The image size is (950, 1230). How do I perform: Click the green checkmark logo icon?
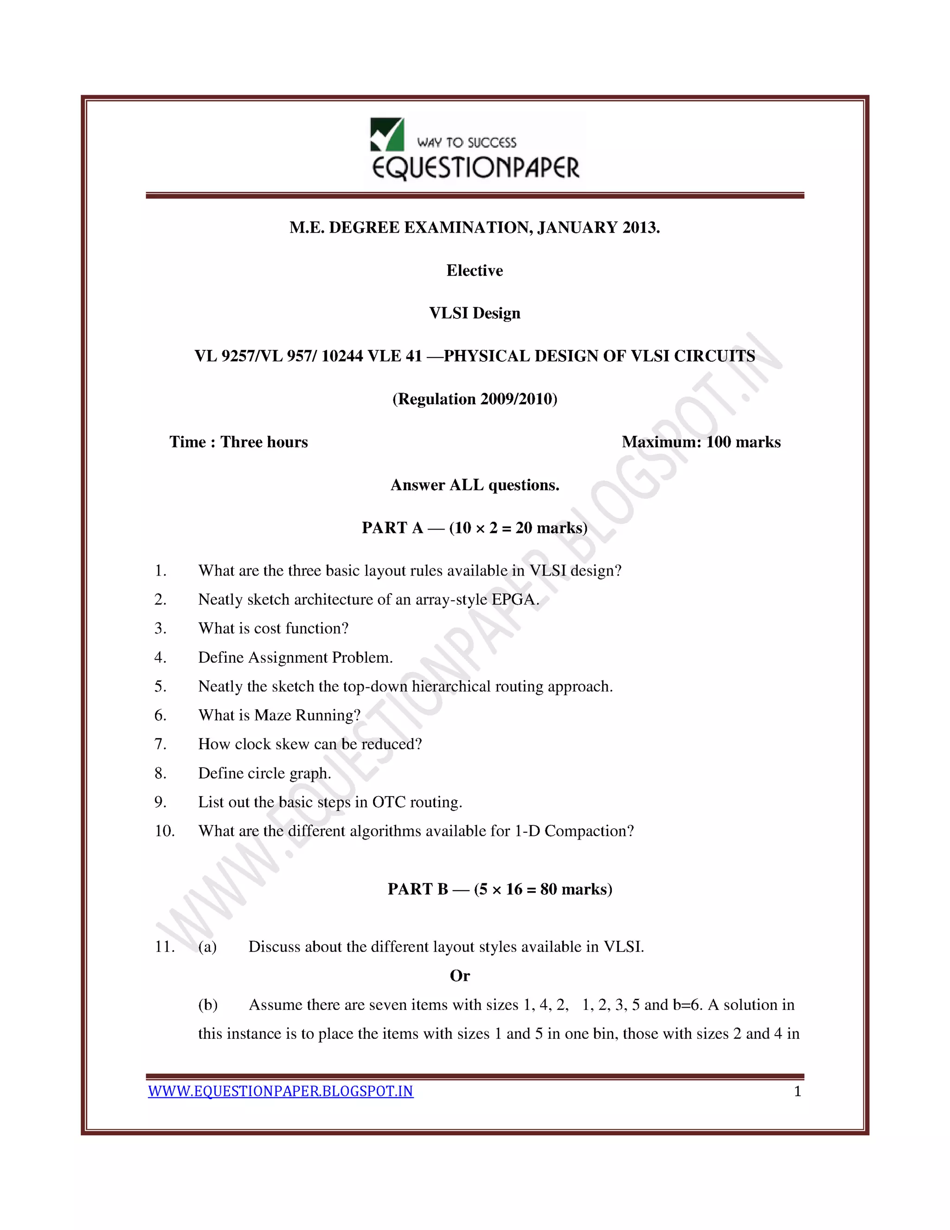click(x=387, y=135)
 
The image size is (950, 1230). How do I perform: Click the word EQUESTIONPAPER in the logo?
click(x=475, y=168)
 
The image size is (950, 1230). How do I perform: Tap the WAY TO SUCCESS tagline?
click(x=467, y=142)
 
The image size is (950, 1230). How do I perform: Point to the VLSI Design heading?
click(x=475, y=313)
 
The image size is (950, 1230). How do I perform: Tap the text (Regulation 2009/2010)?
click(x=475, y=399)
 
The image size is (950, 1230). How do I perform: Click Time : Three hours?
click(x=238, y=442)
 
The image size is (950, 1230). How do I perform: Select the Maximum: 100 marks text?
click(x=701, y=442)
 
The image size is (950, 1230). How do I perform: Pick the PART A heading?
click(x=475, y=528)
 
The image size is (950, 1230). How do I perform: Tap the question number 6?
click(x=160, y=715)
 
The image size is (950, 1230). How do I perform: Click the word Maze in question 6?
click(x=272, y=715)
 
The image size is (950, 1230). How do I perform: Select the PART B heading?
click(x=499, y=889)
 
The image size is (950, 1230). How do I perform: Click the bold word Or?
click(x=459, y=976)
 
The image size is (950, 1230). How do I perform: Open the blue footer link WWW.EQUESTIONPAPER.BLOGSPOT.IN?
click(x=280, y=1092)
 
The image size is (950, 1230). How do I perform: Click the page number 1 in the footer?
click(x=797, y=1092)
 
